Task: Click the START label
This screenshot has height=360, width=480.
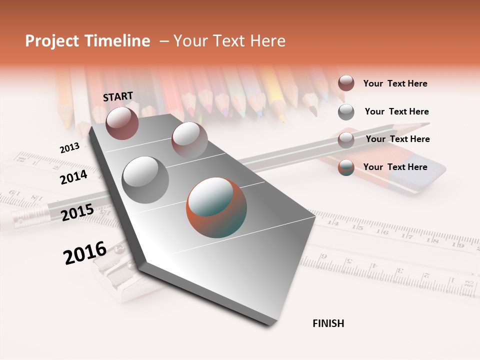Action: [x=118, y=96]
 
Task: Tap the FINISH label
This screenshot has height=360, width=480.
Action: [x=328, y=323]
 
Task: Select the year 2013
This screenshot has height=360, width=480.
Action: [x=69, y=147]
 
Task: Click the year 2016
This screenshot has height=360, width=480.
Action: [x=85, y=252]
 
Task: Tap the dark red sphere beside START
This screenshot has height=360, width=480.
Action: [x=122, y=123]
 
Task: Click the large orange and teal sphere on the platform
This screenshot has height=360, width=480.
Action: [x=216, y=207]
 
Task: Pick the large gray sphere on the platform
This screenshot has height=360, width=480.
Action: [x=145, y=179]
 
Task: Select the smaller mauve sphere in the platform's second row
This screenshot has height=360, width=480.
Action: [x=189, y=140]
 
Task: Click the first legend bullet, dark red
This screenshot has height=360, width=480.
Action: [x=346, y=83]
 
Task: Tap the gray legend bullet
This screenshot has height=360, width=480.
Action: [x=346, y=111]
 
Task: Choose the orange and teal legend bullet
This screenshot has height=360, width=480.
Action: [x=346, y=167]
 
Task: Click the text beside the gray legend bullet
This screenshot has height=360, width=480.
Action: [x=396, y=111]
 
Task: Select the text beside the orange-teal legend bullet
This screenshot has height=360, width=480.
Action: [x=395, y=167]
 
